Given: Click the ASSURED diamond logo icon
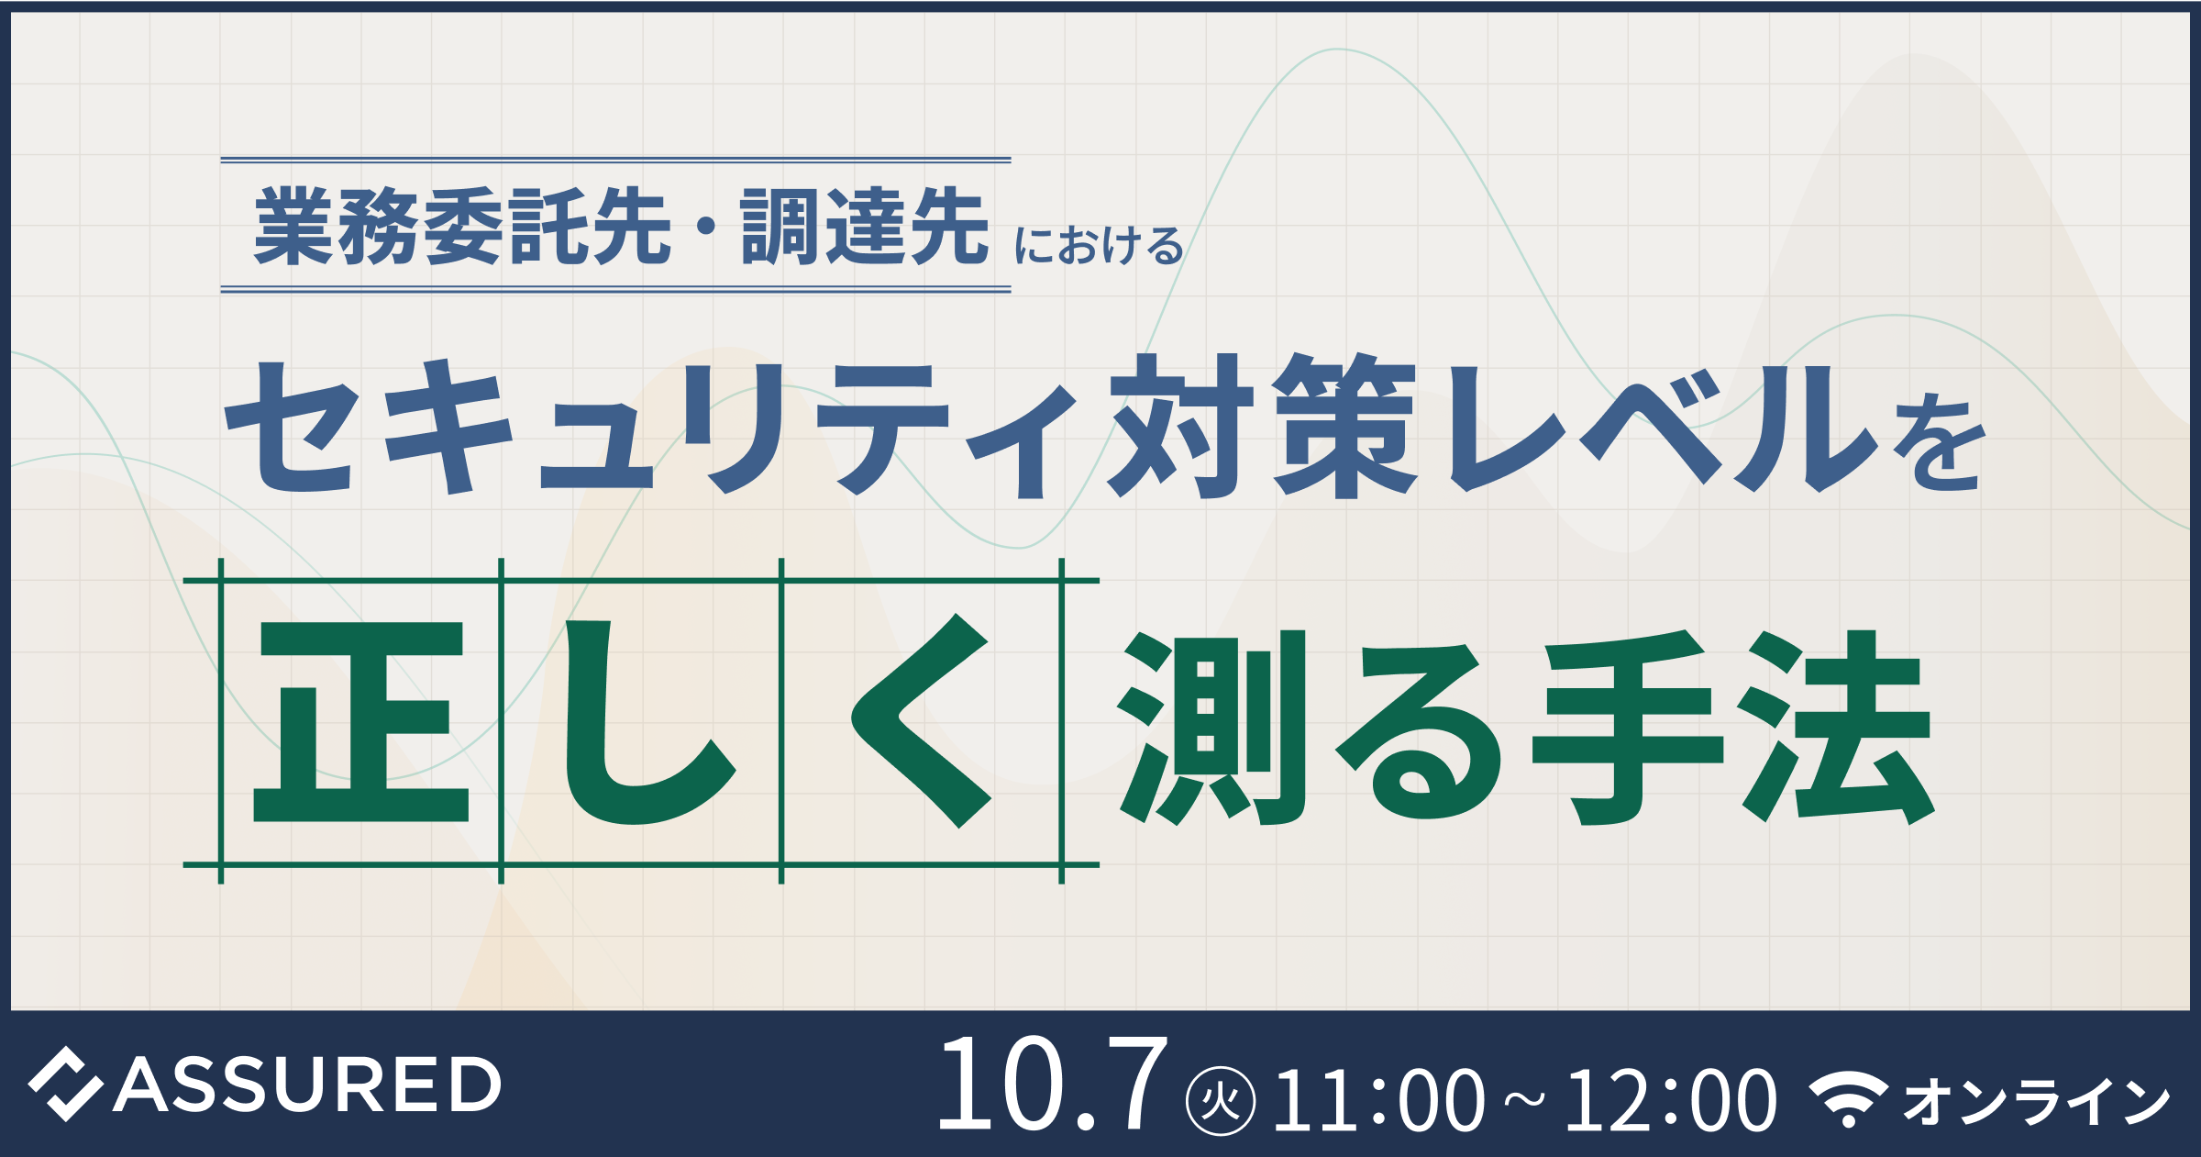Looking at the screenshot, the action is (x=65, y=1084).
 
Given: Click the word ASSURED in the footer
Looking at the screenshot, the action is (x=307, y=1085).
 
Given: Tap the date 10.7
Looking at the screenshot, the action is (x=1053, y=1083).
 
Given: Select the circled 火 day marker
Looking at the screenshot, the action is (x=1221, y=1100).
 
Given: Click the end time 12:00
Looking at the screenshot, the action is (x=1671, y=1100).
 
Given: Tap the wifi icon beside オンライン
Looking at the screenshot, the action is (x=1849, y=1098).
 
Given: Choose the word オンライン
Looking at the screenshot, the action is (x=2037, y=1101).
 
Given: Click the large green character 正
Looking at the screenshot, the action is (x=360, y=722).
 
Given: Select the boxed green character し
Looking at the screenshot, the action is (x=650, y=722).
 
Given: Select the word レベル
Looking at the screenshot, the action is (x=1665, y=428).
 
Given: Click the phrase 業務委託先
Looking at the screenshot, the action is (x=463, y=226).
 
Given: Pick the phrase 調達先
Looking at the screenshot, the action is (x=865, y=226).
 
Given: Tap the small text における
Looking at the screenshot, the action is (x=1099, y=246).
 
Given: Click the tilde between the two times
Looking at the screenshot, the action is (x=1524, y=1100).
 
